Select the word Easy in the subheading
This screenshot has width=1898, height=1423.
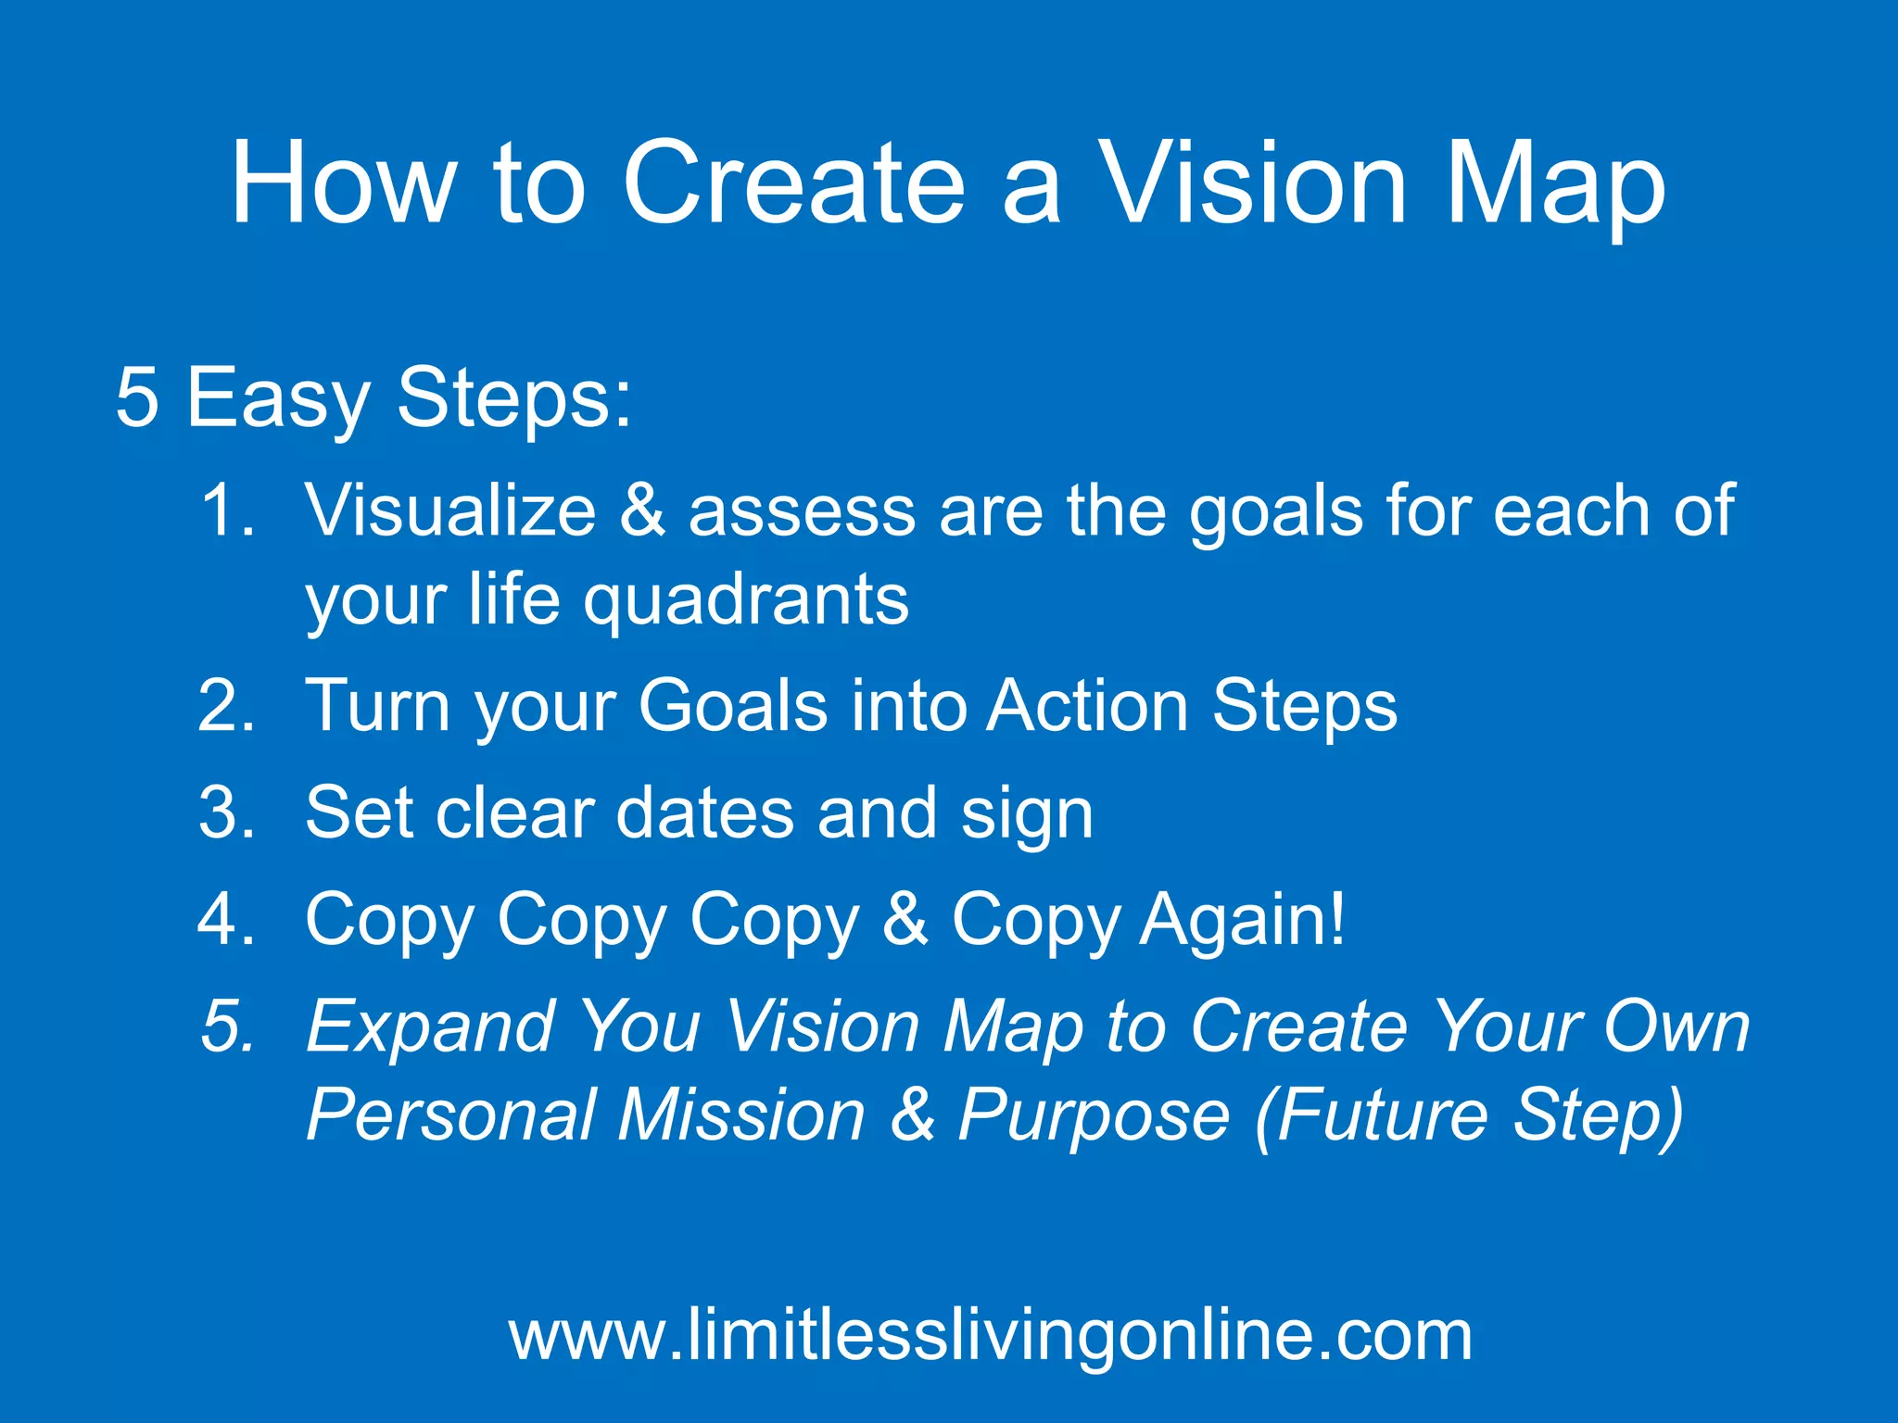pyautogui.click(x=278, y=398)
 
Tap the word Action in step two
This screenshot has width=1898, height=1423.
pyautogui.click(x=1087, y=707)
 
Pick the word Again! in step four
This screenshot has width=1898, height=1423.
pyautogui.click(x=1242, y=920)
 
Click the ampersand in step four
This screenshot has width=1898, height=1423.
pyautogui.click(x=905, y=920)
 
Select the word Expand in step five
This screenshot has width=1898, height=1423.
pyautogui.click(x=430, y=1028)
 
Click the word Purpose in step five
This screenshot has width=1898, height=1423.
pyautogui.click(x=1094, y=1116)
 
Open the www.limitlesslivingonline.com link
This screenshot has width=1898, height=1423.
pyautogui.click(x=990, y=1336)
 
